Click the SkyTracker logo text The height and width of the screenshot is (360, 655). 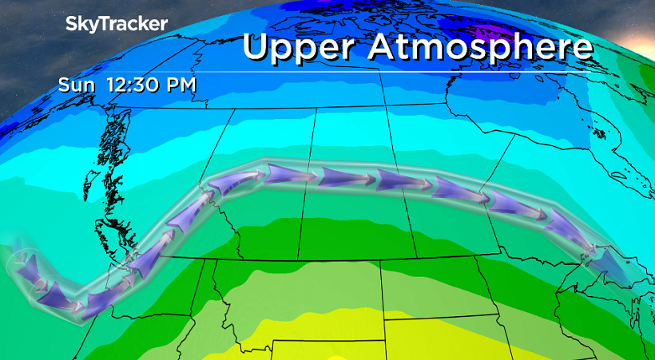tap(116, 24)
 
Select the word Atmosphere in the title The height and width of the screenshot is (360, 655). tap(480, 47)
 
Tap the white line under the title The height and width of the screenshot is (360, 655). tap(399, 73)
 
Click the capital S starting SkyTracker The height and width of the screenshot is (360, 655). tap(70, 24)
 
